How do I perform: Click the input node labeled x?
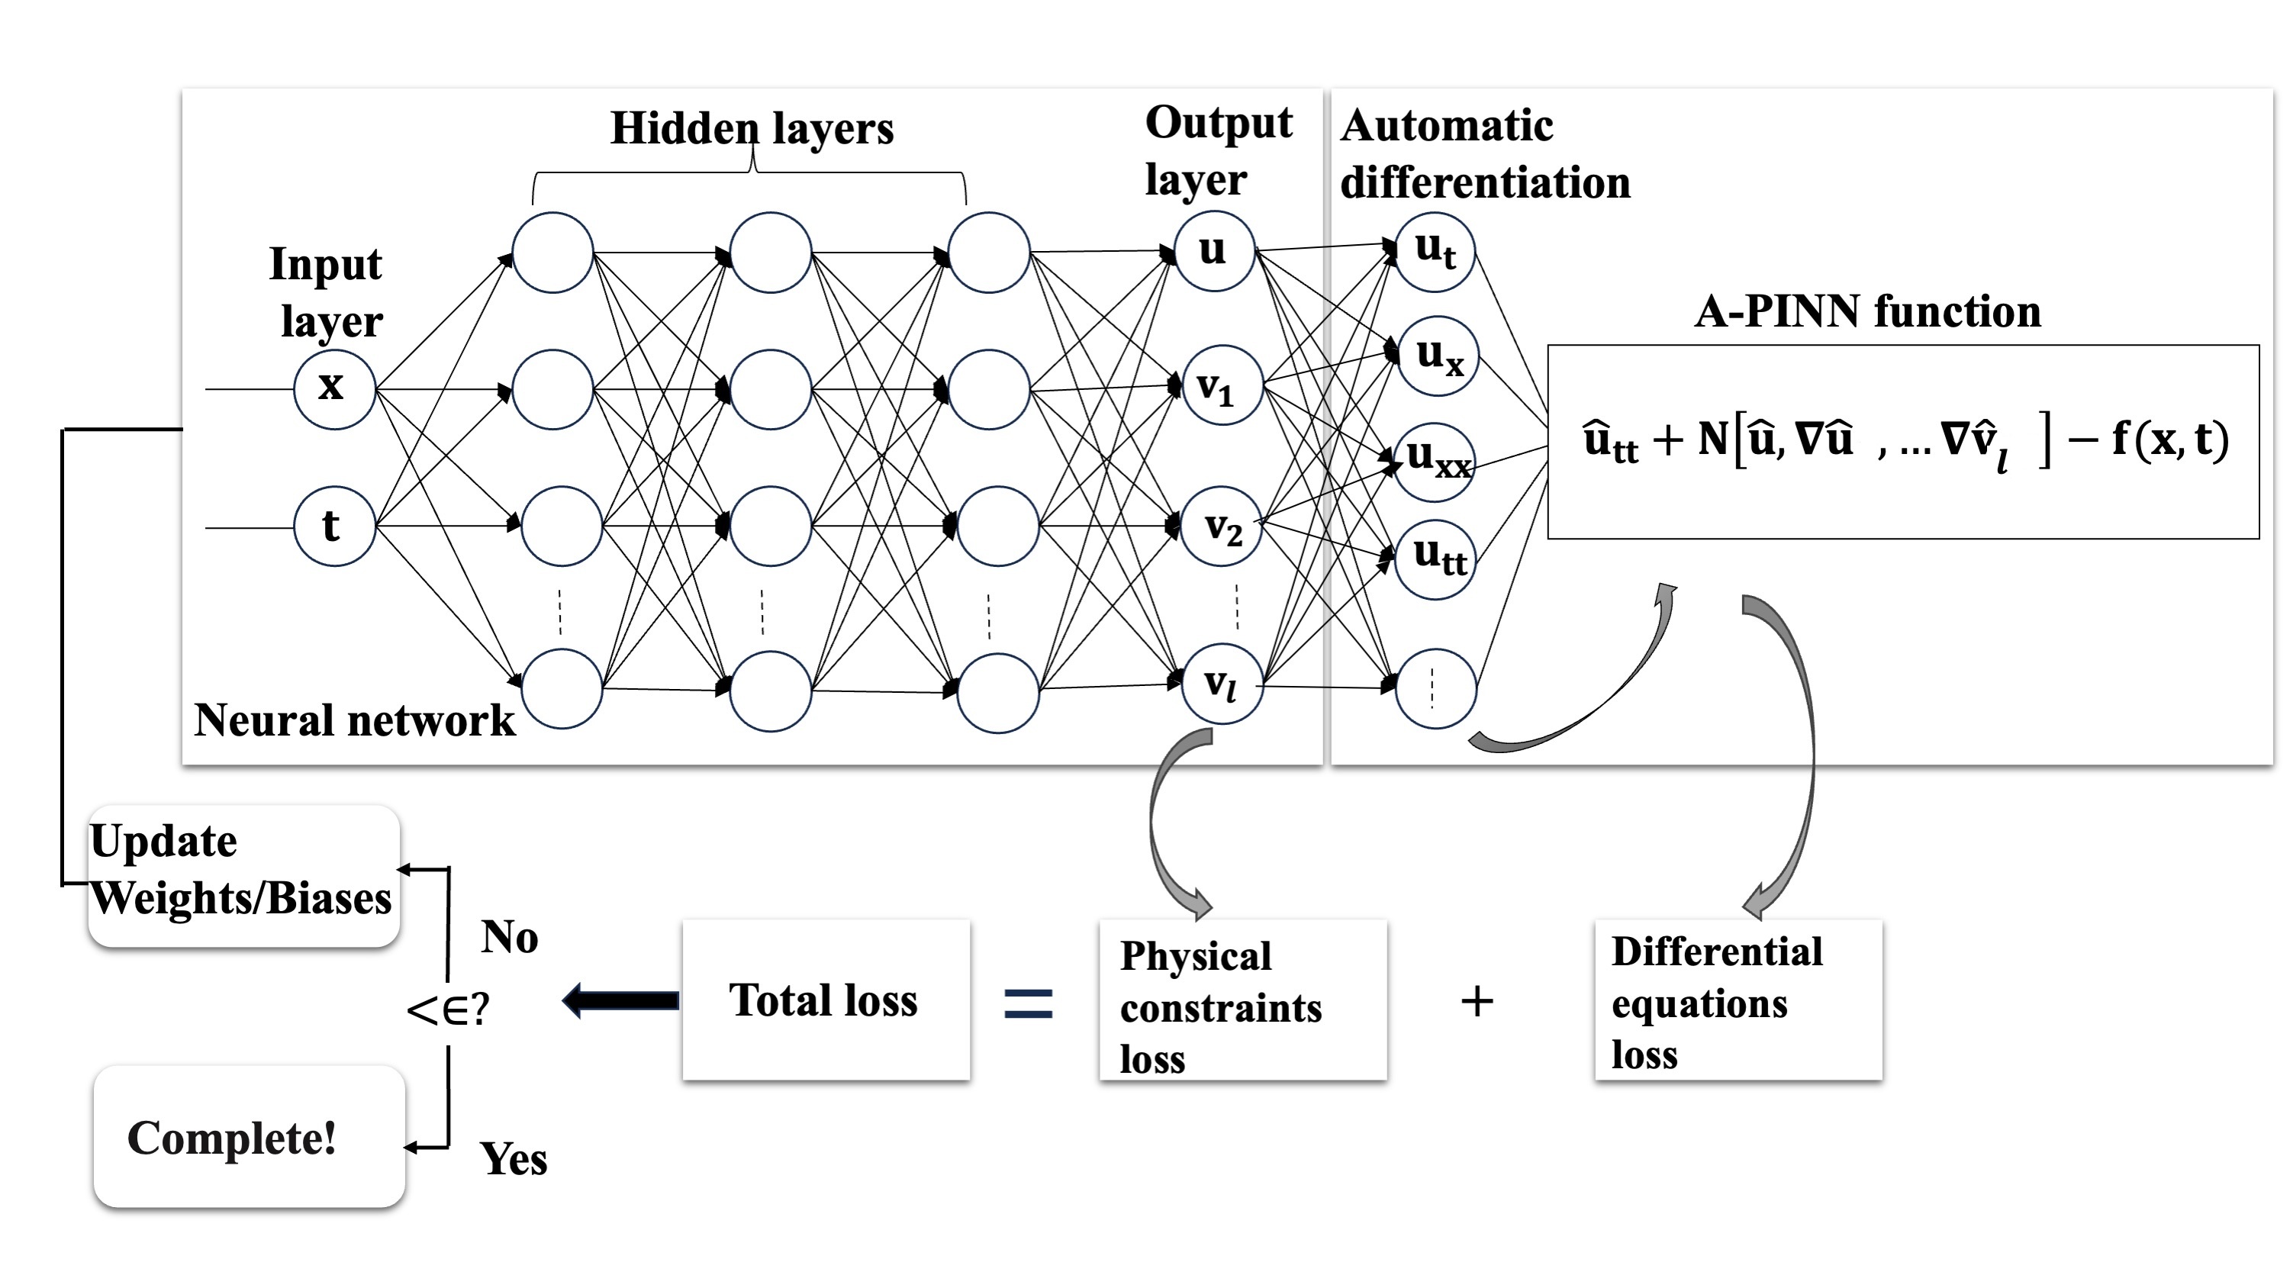pyautogui.click(x=334, y=388)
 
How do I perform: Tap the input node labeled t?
pyautogui.click(x=334, y=526)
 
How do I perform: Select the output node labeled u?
pyautogui.click(x=1213, y=251)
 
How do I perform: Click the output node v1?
pyautogui.click(x=1222, y=386)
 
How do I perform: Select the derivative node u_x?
pyautogui.click(x=1438, y=356)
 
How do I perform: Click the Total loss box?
pyautogui.click(x=826, y=1000)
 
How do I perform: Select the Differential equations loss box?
pyautogui.click(x=1738, y=1001)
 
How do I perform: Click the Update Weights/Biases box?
pyautogui.click(x=243, y=875)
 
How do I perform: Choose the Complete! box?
pyautogui.click(x=249, y=1137)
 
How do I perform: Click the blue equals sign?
pyautogui.click(x=1028, y=1003)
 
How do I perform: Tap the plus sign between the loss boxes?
pyautogui.click(x=1477, y=1002)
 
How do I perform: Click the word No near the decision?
pyautogui.click(x=510, y=937)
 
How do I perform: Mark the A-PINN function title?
pyautogui.click(x=1866, y=312)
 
